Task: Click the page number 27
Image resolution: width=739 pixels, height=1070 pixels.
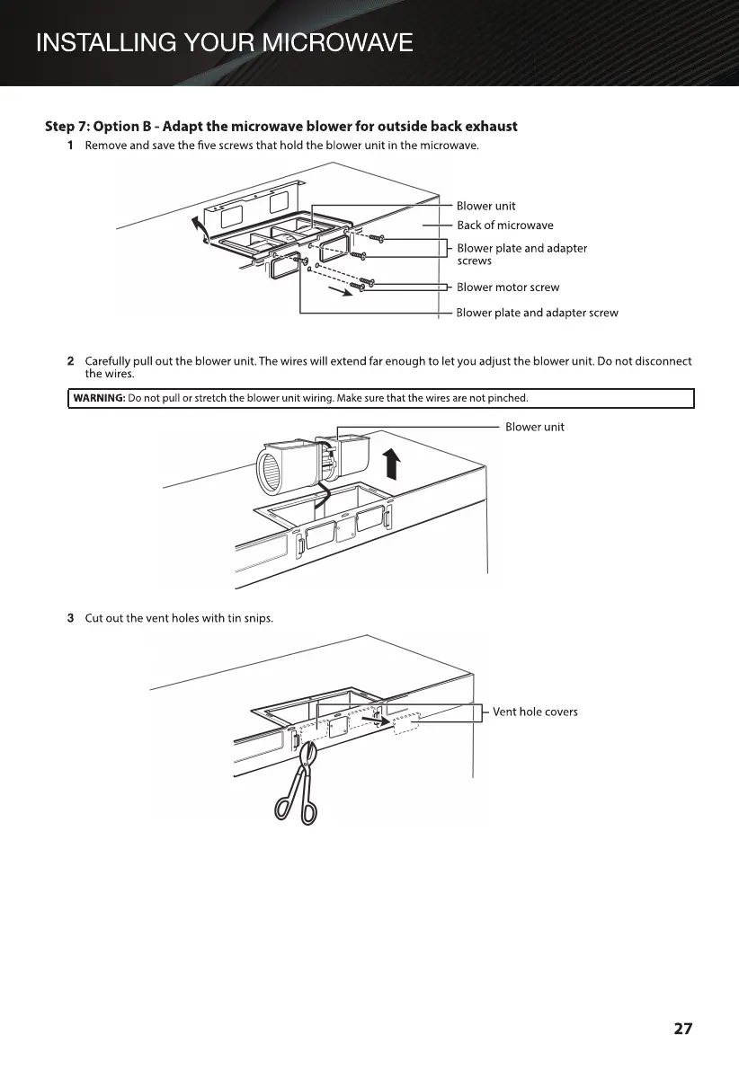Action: point(683,1029)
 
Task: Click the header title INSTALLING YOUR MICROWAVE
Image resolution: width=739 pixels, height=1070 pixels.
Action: point(224,42)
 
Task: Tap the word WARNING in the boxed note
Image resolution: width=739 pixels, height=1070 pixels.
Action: point(99,398)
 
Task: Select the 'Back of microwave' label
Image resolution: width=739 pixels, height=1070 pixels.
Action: point(504,225)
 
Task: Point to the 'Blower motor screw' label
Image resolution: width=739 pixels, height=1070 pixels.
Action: point(507,287)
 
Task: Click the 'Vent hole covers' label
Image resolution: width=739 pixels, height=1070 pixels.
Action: point(535,712)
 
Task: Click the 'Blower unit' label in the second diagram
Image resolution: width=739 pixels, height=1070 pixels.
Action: point(534,427)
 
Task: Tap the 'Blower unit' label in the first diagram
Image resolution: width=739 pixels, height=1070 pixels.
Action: point(485,206)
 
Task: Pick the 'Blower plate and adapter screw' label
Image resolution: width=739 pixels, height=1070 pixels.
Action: point(537,313)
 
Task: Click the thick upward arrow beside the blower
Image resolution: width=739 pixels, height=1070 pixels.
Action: point(391,465)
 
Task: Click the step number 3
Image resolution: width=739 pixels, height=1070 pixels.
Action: point(70,618)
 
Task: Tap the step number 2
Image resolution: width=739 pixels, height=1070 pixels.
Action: point(70,361)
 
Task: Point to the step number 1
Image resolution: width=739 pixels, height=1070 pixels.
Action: point(70,146)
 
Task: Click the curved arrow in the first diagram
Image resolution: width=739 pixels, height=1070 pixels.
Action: point(200,230)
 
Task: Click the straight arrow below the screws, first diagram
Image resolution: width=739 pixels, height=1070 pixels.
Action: point(339,291)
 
